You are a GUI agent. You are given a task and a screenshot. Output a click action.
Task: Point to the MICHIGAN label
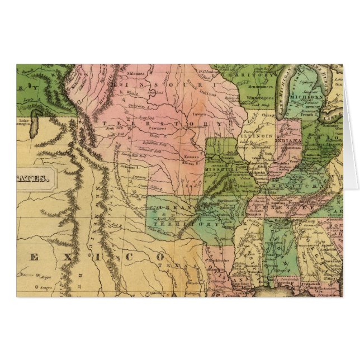coord(307,97)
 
